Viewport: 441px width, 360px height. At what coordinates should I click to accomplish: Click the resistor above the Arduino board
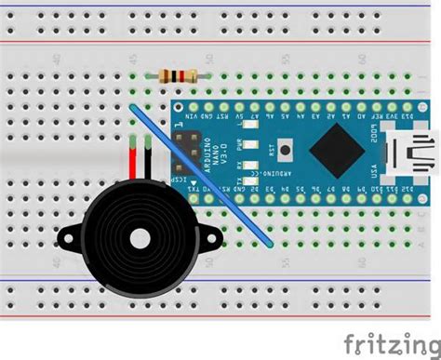tap(177, 75)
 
